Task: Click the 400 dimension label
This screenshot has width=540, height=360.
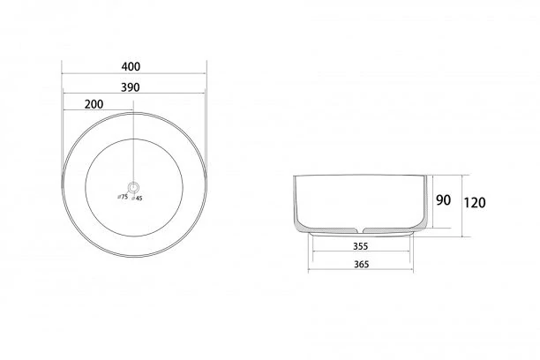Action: pyautogui.click(x=131, y=66)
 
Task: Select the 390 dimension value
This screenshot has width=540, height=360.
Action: pyautogui.click(x=131, y=87)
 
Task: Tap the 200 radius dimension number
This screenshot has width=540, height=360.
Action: pyautogui.click(x=94, y=104)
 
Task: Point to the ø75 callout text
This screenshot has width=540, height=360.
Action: pyautogui.click(x=123, y=197)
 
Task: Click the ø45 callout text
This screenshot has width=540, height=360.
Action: pyautogui.click(x=137, y=199)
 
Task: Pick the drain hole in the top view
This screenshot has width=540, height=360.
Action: pyautogui.click(x=133, y=187)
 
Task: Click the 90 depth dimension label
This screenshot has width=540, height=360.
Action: pyautogui.click(x=443, y=200)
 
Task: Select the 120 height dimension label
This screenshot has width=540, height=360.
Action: pyautogui.click(x=475, y=203)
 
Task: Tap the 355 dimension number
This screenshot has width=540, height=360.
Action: pyautogui.click(x=361, y=246)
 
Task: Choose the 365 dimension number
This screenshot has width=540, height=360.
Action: pyautogui.click(x=361, y=264)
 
